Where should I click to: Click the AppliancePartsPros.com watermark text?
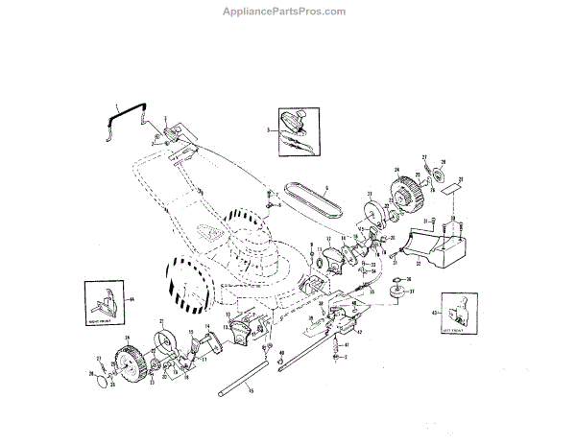point(287,12)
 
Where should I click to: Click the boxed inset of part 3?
point(292,129)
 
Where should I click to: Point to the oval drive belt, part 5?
point(313,201)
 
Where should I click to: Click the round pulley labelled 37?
point(395,293)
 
